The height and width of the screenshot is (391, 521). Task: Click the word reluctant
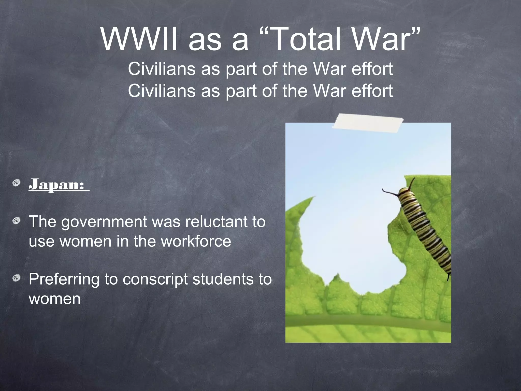point(216,222)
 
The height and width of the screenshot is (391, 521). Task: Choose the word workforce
point(196,241)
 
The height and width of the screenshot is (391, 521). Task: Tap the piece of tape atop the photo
point(368,123)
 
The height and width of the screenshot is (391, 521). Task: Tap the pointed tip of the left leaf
point(314,197)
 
